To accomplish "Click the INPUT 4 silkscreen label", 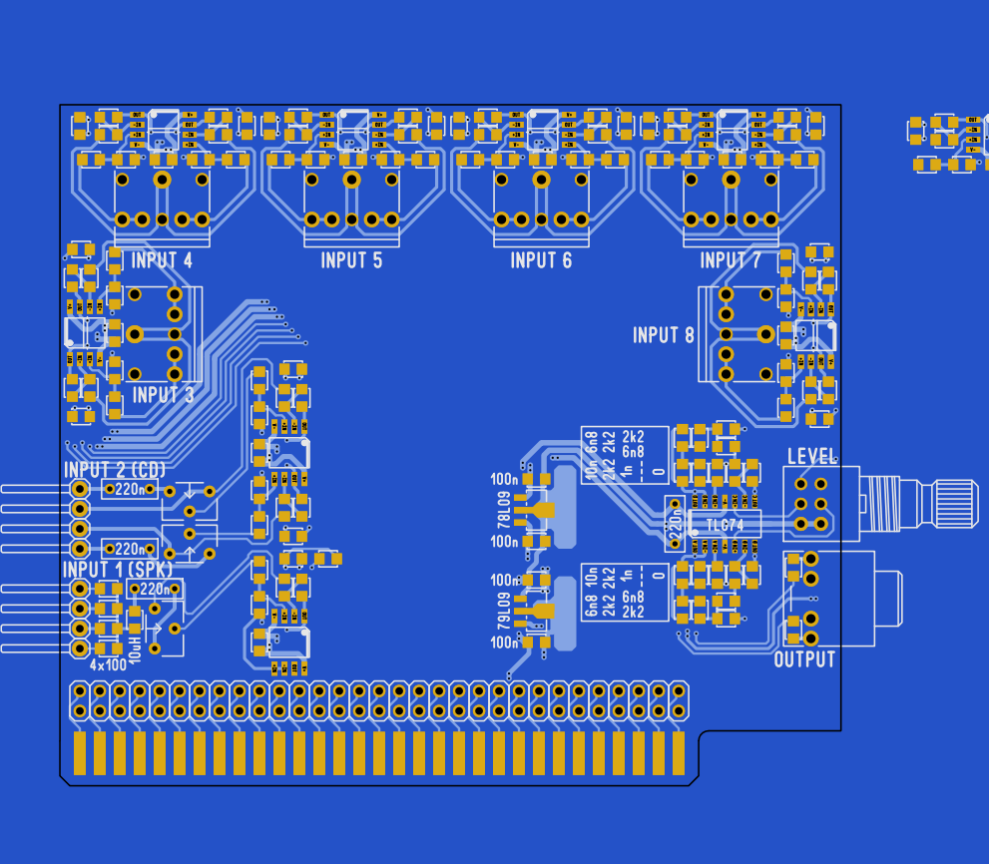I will click(162, 261).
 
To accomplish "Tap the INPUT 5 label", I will click(351, 261).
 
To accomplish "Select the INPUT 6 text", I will click(541, 261).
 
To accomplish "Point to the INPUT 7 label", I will click(731, 261).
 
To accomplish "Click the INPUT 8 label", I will click(664, 336).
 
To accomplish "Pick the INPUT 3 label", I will click(163, 395).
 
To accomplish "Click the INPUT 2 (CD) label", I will click(115, 470).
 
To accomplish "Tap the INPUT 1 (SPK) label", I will click(118, 569).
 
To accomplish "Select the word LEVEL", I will click(811, 457).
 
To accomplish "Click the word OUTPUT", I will click(804, 660).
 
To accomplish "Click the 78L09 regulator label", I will click(504, 511).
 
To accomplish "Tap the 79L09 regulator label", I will click(504, 611).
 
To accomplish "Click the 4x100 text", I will click(108, 664).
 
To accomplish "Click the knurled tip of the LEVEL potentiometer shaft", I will click(956, 495).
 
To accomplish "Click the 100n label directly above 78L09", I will click(504, 479).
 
